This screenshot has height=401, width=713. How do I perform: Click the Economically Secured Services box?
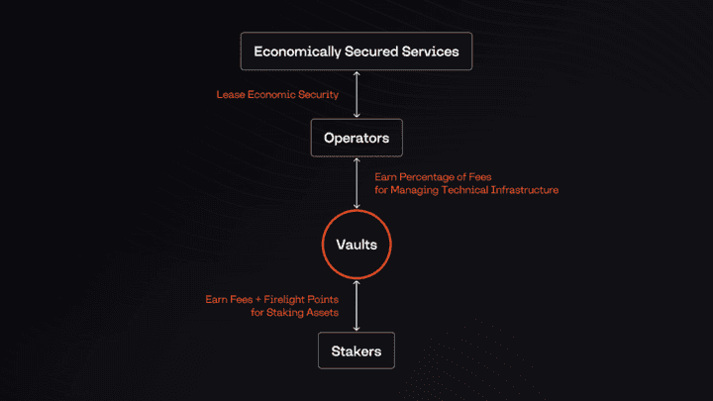[356, 51]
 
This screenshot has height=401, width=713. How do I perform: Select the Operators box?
[356, 138]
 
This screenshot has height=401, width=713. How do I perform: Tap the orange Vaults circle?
[356, 243]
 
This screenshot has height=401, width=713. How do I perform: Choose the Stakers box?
[356, 350]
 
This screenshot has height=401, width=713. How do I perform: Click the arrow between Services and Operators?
[356, 95]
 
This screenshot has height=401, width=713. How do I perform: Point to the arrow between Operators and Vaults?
[356, 182]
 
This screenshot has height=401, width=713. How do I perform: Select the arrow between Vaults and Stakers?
[356, 302]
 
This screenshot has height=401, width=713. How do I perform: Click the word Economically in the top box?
[293, 51]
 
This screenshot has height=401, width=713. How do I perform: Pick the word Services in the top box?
[429, 51]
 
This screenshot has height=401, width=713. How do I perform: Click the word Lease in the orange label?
[230, 96]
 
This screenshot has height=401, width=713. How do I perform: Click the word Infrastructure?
[524, 189]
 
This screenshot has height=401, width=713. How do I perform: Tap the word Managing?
[416, 189]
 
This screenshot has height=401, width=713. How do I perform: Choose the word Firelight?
[284, 297]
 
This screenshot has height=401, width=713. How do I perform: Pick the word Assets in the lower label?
[322, 311]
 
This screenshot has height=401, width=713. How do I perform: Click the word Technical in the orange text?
[464, 189]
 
